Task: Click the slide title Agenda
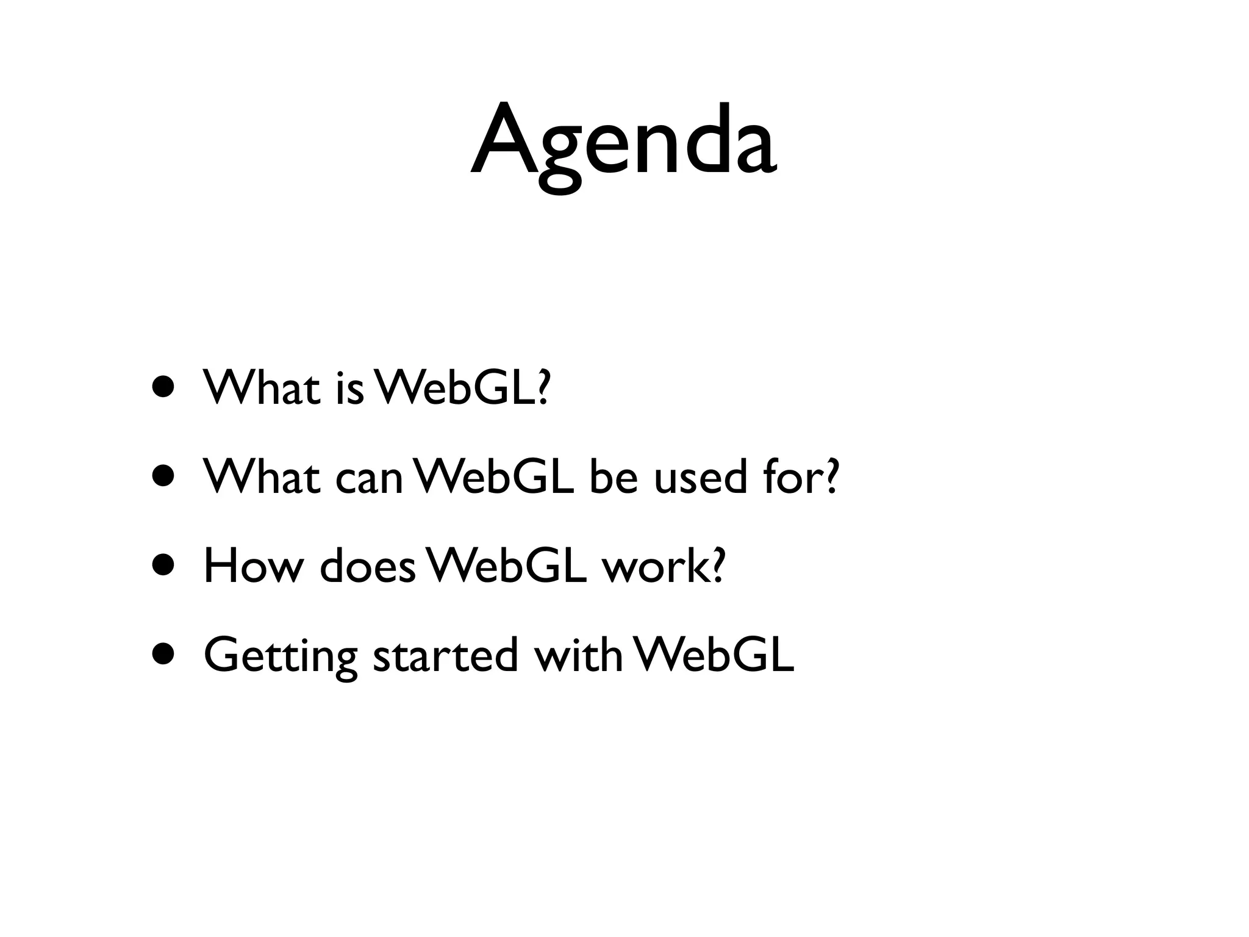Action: tap(623, 146)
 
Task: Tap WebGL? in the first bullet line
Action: tap(463, 388)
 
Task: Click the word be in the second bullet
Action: tap(613, 477)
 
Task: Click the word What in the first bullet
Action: tap(262, 388)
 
